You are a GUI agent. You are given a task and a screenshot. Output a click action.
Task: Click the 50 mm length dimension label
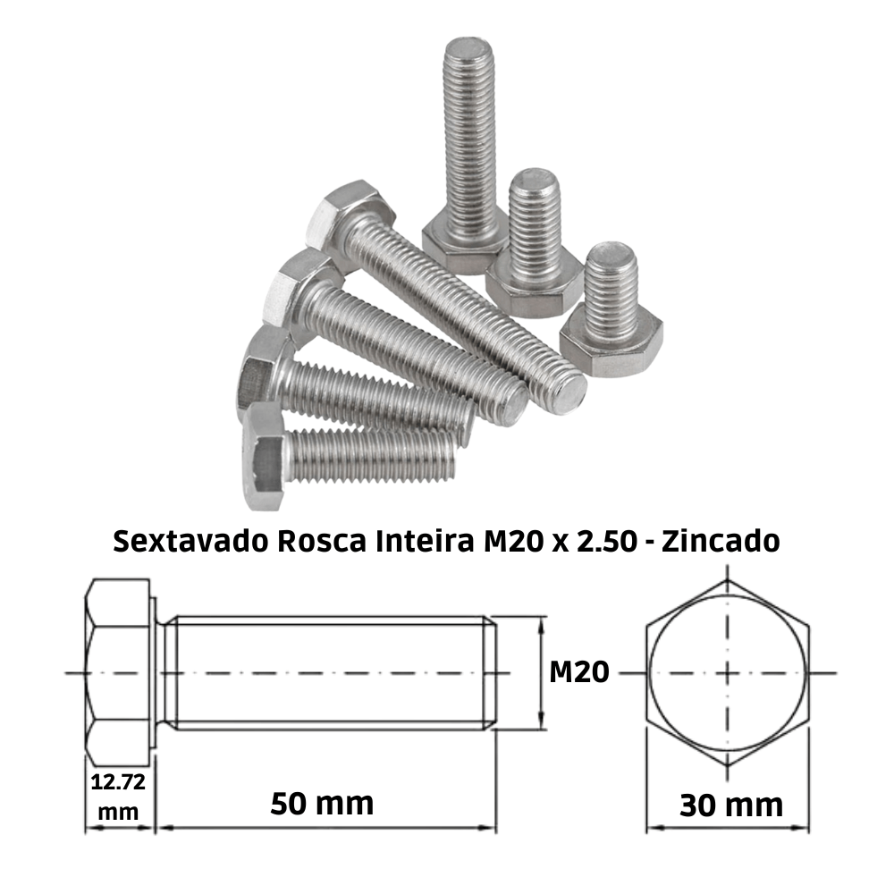pyautogui.click(x=322, y=803)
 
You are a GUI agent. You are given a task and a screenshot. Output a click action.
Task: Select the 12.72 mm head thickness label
pyautogui.click(x=118, y=797)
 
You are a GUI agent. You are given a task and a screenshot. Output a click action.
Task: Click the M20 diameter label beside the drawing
pyautogui.click(x=578, y=670)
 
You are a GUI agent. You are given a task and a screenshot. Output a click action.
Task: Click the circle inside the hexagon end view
pyautogui.click(x=728, y=670)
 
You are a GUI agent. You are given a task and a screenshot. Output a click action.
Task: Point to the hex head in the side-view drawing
pyautogui.click(x=119, y=671)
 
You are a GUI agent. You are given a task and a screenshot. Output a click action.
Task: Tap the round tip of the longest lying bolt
pyautogui.click(x=567, y=393)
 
